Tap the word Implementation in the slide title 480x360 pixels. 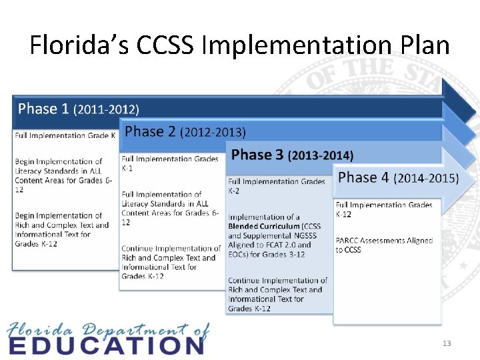coord(312,45)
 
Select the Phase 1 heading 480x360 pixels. coord(43,109)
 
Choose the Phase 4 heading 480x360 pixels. coord(363,177)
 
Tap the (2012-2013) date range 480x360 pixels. coord(213,132)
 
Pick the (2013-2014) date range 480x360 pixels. coord(320,155)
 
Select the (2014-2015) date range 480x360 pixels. coord(426,178)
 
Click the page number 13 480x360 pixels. coord(446,343)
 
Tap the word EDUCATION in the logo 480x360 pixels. coord(107,345)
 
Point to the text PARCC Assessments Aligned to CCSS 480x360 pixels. coord(383,245)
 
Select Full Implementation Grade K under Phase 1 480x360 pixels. coord(65,135)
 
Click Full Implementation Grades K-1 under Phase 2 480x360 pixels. coord(169,163)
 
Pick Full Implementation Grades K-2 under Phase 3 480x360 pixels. coord(276,185)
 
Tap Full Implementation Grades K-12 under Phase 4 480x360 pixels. coord(383,209)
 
